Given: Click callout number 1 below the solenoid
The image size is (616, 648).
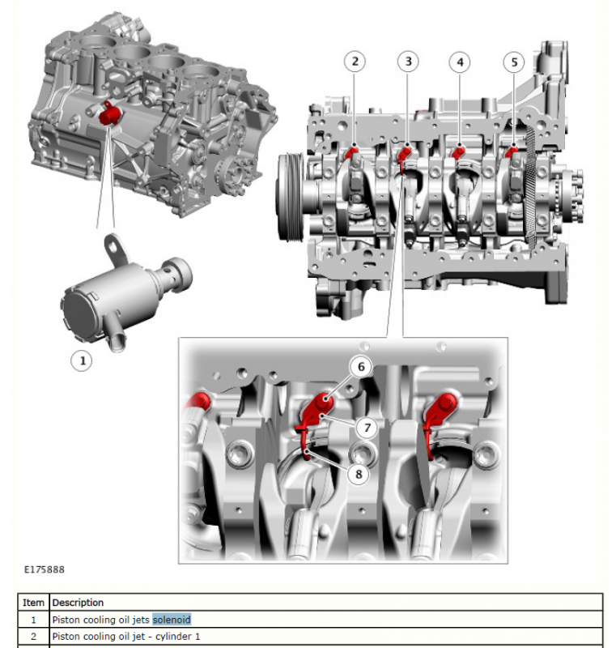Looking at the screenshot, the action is (81, 360).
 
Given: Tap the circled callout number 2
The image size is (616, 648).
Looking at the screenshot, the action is (355, 62).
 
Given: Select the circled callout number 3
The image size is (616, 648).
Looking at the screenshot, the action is (408, 62).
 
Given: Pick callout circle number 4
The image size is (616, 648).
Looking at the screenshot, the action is (460, 62).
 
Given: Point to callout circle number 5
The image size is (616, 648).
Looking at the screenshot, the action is (514, 62).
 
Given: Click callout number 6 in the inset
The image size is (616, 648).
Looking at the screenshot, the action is (361, 366).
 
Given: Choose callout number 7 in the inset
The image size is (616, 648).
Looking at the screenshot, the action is (367, 428).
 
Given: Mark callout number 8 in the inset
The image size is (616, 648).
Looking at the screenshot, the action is (359, 474).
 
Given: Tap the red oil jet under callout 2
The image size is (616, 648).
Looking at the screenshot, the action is (352, 152).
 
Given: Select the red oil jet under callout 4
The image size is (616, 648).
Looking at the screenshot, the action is (458, 152).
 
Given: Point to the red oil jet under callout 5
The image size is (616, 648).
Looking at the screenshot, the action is (511, 151).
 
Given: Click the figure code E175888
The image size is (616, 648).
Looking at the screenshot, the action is (45, 569).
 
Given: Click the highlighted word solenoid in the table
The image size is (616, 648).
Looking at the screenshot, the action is (172, 620).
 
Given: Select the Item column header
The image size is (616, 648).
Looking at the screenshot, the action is (33, 603).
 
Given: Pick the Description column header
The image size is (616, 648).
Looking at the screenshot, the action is (78, 603).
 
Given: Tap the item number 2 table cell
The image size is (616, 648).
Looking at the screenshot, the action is (33, 637).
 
